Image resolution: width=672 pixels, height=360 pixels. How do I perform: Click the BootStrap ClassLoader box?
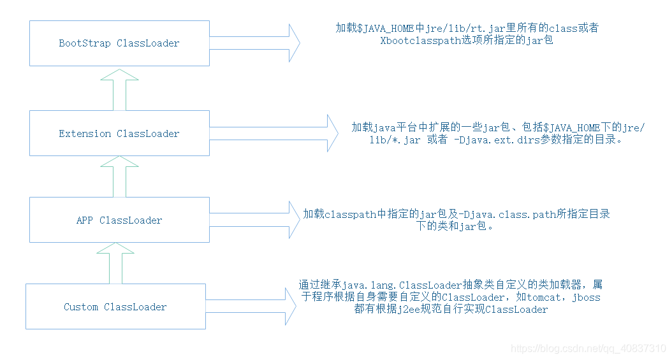pyautogui.click(x=119, y=43)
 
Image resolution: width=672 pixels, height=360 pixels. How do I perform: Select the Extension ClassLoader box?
pyautogui.click(x=119, y=133)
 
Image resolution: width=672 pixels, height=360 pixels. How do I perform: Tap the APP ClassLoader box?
pyautogui.click(x=119, y=220)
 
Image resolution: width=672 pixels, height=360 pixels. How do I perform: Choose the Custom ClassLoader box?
pyautogui.click(x=115, y=306)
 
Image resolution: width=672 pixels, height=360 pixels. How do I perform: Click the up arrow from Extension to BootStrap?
pyautogui.click(x=119, y=89)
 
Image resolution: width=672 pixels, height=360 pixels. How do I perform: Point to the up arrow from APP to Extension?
pyautogui.click(x=119, y=176)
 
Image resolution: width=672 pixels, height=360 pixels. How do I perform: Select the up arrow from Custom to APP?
pyautogui.click(x=119, y=263)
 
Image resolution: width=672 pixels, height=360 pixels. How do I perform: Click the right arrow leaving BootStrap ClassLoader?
pyautogui.click(x=255, y=43)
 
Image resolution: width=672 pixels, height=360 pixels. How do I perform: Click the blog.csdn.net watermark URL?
pyautogui.click(x=589, y=349)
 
